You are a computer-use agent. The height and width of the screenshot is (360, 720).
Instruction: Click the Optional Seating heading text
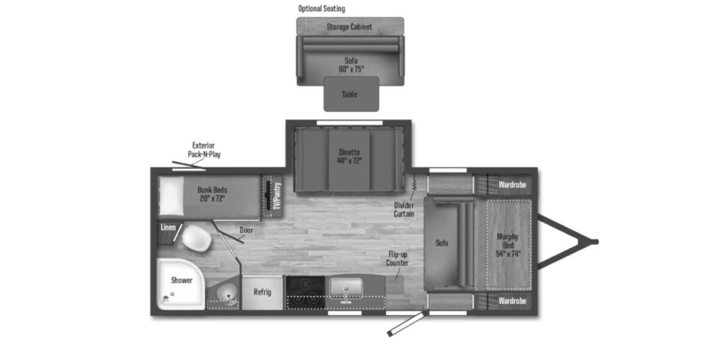tap(322, 9)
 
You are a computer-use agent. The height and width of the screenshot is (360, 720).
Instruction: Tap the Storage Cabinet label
tap(349, 27)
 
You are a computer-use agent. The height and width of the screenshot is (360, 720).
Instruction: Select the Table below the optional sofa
tap(350, 94)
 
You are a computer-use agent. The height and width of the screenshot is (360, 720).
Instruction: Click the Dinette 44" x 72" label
tap(349, 156)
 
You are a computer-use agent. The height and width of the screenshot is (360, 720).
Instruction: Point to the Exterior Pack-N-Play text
tap(203, 150)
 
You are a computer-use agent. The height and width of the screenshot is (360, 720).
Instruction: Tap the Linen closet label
tap(168, 228)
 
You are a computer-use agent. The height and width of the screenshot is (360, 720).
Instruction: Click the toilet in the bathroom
tap(196, 238)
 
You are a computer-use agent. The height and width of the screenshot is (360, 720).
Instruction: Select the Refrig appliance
tap(262, 293)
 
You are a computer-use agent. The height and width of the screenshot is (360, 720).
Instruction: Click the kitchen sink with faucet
tap(346, 289)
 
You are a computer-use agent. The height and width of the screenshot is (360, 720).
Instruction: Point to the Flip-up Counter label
tap(397, 259)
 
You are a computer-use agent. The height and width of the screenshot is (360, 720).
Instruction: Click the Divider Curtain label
tap(404, 209)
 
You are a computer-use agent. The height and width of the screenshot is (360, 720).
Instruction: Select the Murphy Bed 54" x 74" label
tap(507, 245)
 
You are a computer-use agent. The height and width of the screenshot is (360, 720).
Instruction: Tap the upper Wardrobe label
tap(512, 185)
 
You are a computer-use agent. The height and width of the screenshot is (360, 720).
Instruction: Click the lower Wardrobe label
tap(512, 301)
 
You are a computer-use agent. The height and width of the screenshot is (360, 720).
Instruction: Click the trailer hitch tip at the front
tap(595, 242)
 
